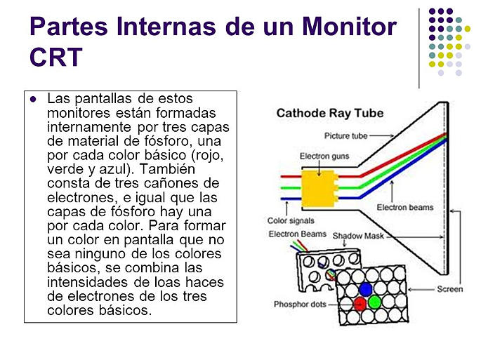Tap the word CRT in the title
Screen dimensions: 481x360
click(x=57, y=57)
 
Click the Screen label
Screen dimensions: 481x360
click(x=449, y=288)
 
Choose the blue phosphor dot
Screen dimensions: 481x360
click(x=364, y=288)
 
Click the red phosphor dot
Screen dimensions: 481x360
click(x=359, y=303)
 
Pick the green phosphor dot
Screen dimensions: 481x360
click(x=374, y=302)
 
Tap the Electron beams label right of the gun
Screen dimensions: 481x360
click(x=405, y=208)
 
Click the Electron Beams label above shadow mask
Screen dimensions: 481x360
click(x=296, y=234)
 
